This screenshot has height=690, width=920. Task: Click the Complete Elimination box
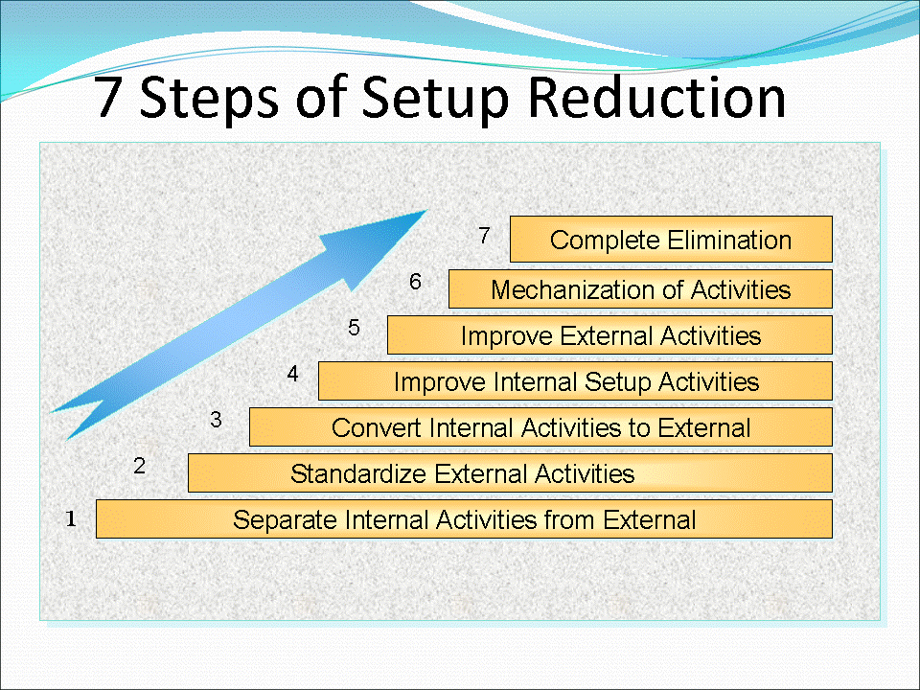click(671, 240)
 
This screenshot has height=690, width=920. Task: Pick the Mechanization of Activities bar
click(640, 289)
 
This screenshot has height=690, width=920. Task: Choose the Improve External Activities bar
click(609, 335)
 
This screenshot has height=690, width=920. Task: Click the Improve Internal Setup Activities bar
click(575, 381)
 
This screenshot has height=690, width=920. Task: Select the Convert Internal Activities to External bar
click(540, 427)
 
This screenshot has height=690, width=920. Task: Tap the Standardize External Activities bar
click(510, 473)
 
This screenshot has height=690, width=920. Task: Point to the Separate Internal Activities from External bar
click(464, 519)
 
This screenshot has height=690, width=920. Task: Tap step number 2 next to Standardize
click(139, 467)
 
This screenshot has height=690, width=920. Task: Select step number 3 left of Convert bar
click(216, 420)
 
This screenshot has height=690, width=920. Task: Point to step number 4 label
click(293, 375)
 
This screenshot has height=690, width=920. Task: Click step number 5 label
click(354, 329)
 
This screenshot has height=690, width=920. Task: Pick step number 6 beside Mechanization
click(415, 282)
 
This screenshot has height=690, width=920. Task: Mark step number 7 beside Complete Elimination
click(484, 236)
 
